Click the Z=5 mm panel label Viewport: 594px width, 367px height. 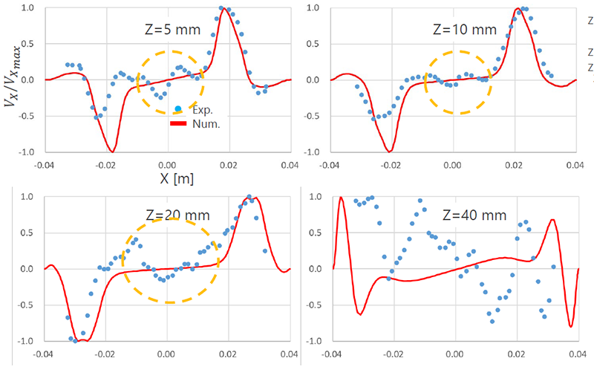click(169, 31)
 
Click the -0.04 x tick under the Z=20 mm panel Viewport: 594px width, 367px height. click(43, 353)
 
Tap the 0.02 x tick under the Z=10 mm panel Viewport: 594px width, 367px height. click(515, 163)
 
